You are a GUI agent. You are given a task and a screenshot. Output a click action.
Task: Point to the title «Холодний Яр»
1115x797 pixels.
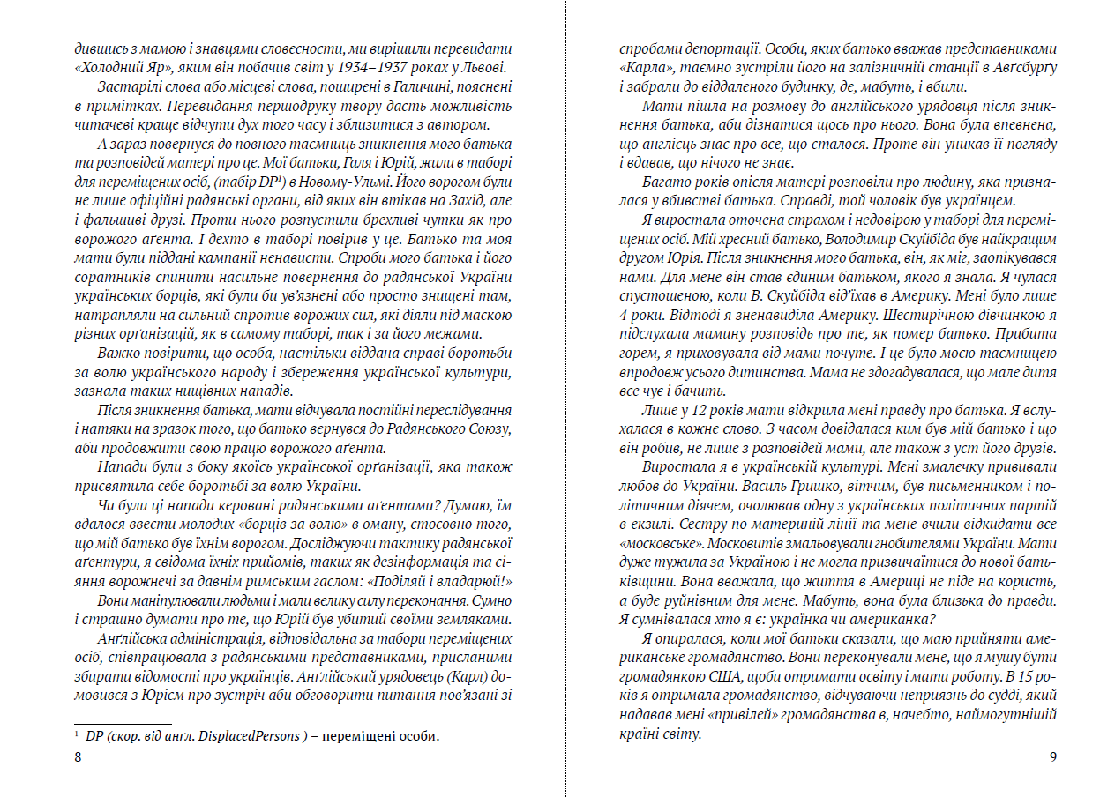click(110, 70)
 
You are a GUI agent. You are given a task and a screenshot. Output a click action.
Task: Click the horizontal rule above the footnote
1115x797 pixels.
click(109, 723)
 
